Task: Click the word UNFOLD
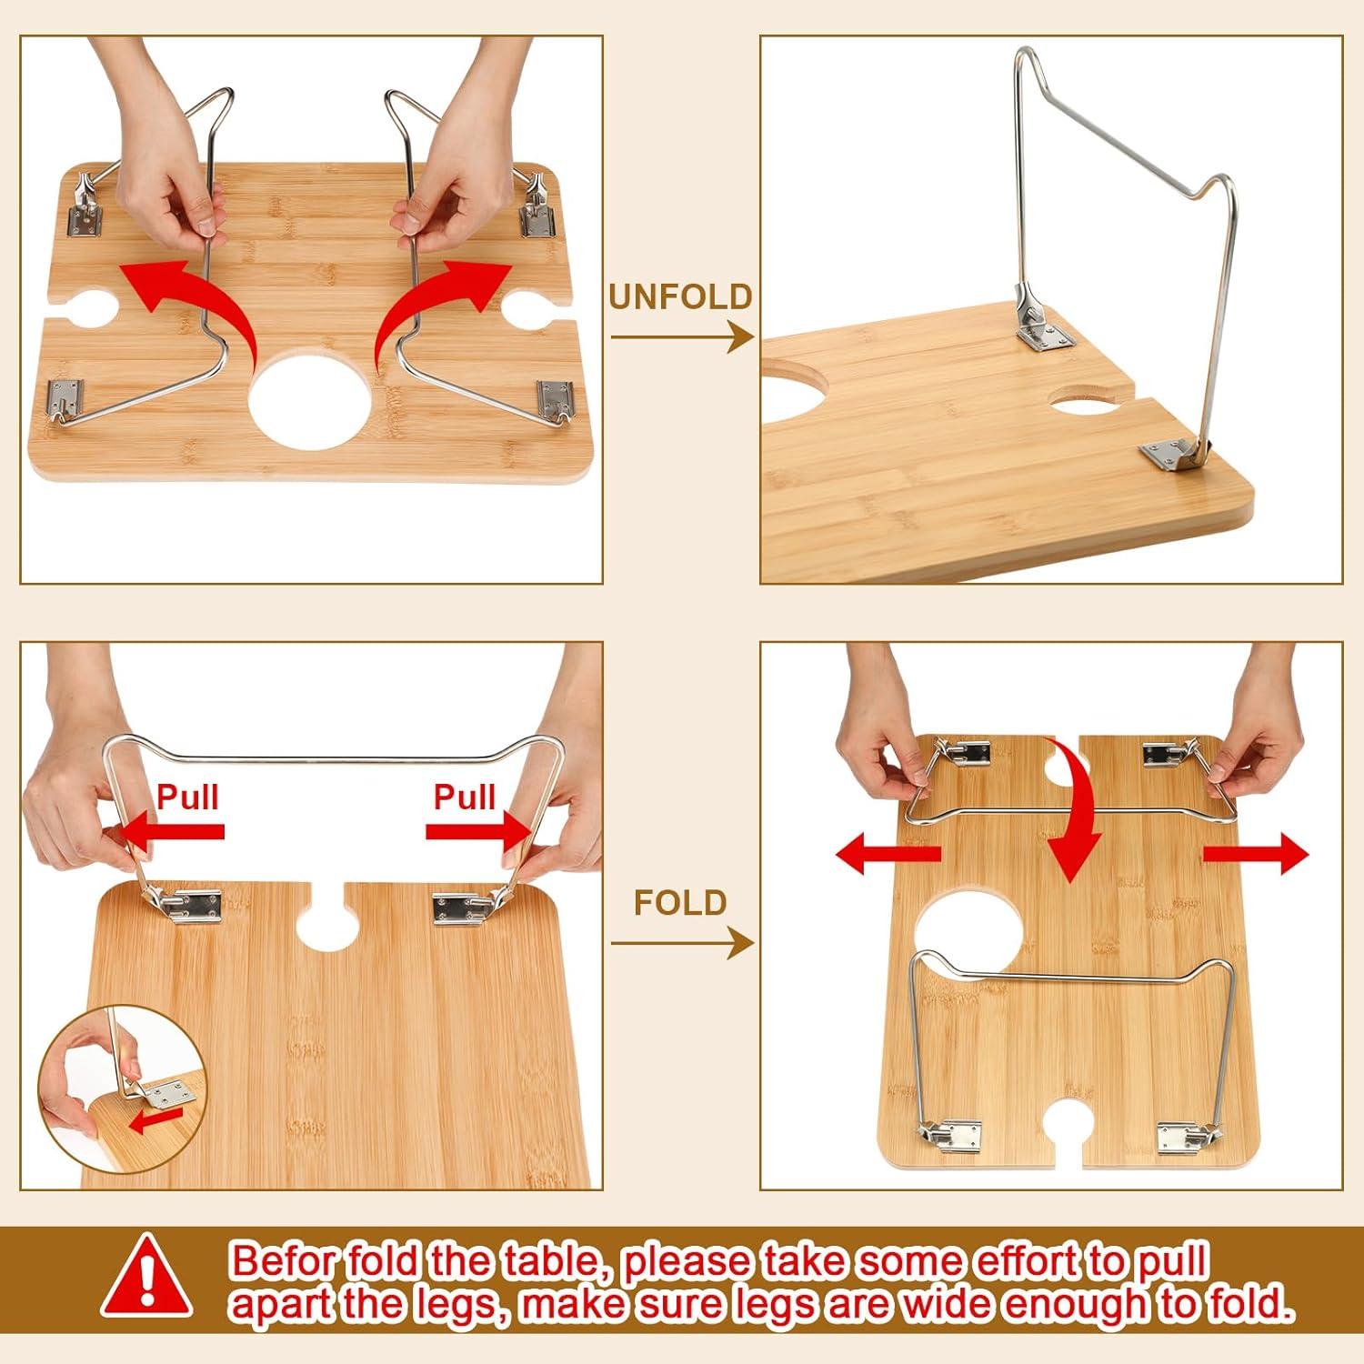coord(680,297)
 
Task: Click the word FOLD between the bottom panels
coord(680,903)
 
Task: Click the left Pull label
coord(187,797)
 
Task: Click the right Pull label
coord(464,797)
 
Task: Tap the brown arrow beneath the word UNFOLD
coord(680,337)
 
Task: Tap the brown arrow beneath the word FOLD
coord(680,944)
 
